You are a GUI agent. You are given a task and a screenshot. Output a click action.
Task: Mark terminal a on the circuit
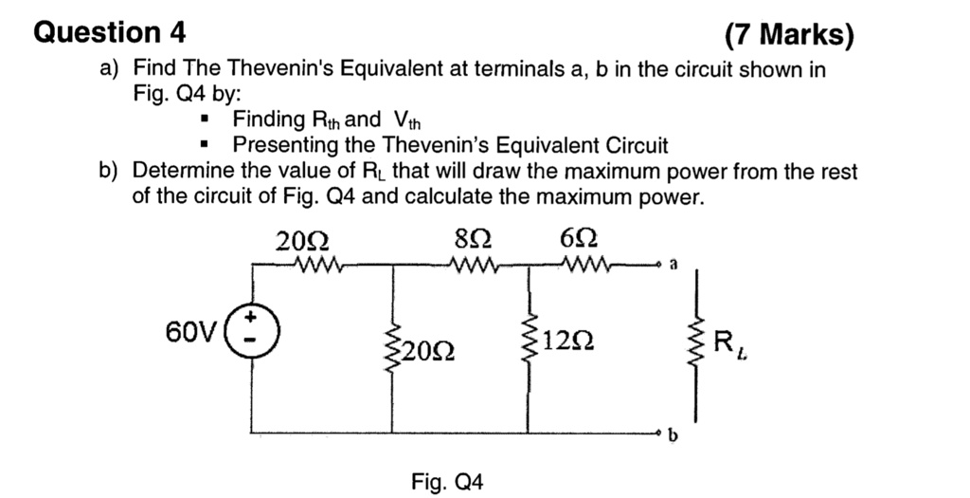(671, 267)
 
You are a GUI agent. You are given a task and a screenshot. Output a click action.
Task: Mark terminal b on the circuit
(671, 436)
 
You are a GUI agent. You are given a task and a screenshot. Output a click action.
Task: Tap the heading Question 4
(110, 32)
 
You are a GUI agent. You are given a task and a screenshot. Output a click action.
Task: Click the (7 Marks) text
(788, 36)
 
